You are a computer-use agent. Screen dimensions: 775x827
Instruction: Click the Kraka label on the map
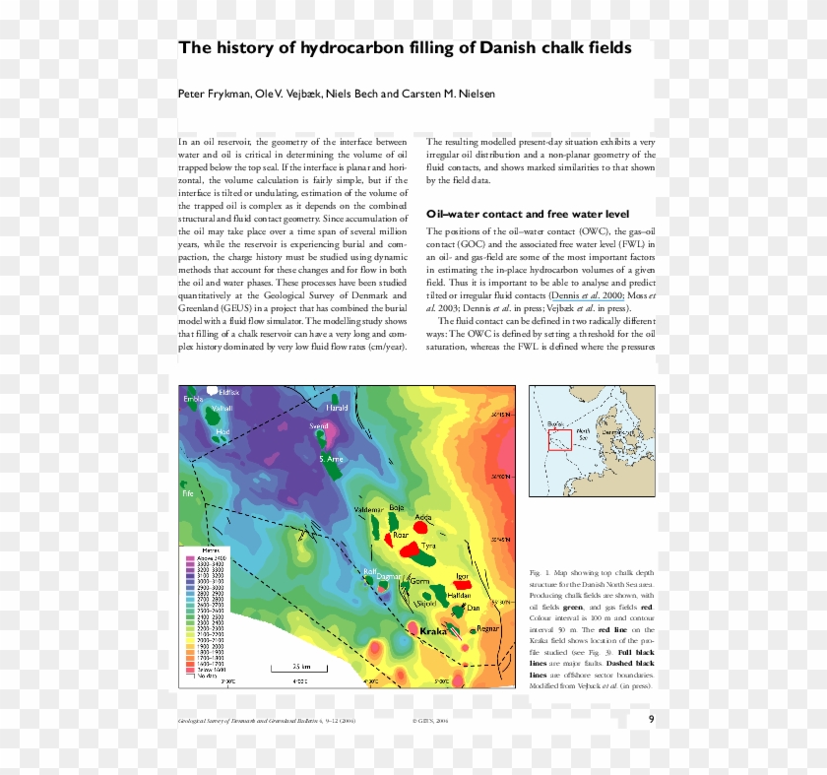[x=433, y=632]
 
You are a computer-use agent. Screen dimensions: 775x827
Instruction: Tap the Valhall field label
[x=223, y=408]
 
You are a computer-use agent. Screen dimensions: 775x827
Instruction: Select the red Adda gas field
[x=422, y=525]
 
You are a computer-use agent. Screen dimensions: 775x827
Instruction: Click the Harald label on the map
[x=337, y=407]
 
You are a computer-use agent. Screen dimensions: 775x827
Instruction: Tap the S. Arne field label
[x=331, y=459]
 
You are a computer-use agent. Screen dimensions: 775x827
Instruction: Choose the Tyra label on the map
[x=428, y=545]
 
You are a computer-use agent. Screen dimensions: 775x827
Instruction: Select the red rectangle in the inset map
[x=559, y=440]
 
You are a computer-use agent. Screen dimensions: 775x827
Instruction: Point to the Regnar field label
[x=489, y=628]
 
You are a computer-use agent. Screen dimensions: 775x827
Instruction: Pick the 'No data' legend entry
[x=208, y=677]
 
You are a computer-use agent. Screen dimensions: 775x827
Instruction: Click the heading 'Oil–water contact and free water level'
[x=527, y=214]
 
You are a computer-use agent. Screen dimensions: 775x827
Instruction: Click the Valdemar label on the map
[x=367, y=509]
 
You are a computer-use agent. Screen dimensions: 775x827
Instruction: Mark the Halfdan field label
[x=459, y=596]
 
